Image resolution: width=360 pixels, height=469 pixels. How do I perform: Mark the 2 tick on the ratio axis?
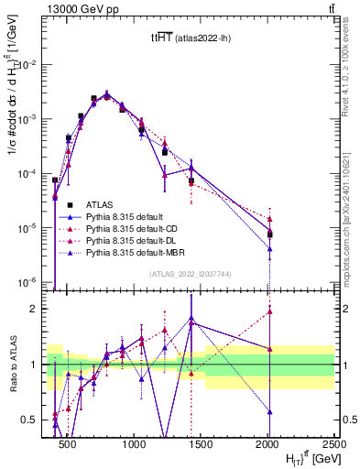click(39, 309)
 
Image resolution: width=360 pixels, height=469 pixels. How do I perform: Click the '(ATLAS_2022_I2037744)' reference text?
click(190, 273)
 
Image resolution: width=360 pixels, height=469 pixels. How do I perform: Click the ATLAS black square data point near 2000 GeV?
click(269, 234)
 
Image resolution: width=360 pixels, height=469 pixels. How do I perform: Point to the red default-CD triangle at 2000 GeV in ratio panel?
click(269, 311)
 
